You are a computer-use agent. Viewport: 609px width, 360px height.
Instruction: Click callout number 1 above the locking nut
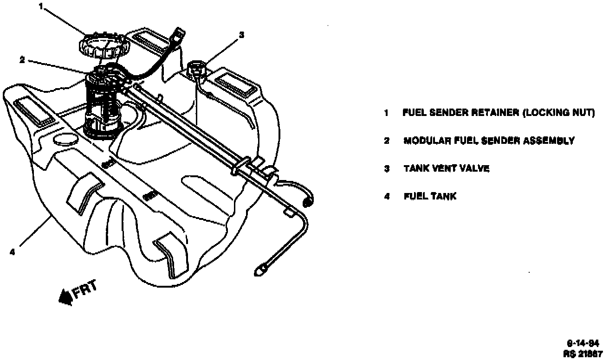[x=41, y=6]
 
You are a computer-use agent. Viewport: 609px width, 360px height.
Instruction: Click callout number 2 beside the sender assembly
[x=22, y=59]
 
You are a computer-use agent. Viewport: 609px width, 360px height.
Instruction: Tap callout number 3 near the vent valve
[x=241, y=34]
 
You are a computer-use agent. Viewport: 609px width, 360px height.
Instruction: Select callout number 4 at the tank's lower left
[x=13, y=252]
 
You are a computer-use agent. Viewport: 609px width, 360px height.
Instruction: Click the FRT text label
[x=85, y=290]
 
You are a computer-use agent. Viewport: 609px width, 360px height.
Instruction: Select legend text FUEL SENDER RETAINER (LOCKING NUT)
[x=499, y=113]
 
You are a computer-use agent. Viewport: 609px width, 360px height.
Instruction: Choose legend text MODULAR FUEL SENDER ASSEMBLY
[x=489, y=141]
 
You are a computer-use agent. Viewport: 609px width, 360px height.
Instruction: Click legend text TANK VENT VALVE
[x=446, y=168]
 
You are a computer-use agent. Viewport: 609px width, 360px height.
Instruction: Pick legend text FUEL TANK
[x=430, y=196]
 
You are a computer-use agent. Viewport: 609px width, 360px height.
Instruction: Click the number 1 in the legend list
[x=386, y=113]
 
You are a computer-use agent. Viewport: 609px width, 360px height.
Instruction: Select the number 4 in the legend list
[x=386, y=196]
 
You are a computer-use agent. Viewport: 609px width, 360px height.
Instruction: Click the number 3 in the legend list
[x=386, y=168]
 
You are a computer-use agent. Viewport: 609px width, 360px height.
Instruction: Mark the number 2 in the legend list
[x=386, y=141]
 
